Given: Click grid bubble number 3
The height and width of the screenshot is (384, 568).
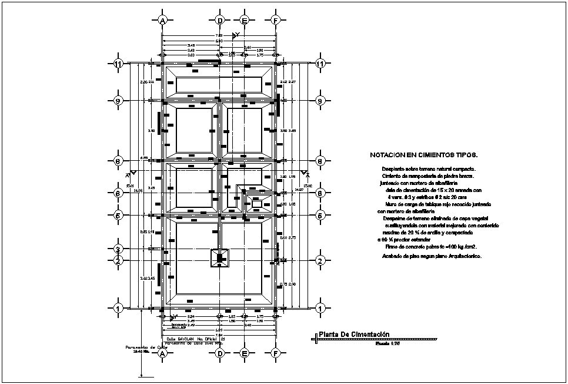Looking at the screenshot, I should [x=118, y=249].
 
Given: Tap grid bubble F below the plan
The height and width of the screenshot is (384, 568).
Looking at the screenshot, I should [x=275, y=353].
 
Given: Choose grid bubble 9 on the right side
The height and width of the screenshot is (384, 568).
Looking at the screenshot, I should [x=320, y=100].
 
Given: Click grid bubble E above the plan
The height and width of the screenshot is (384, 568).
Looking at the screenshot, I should [x=245, y=20].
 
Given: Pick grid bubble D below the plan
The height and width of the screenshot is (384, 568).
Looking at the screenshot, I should [x=220, y=353].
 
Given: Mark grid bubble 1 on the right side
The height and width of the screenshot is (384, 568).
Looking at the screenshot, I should [x=320, y=308].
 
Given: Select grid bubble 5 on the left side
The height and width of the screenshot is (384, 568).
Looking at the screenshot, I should [x=118, y=215].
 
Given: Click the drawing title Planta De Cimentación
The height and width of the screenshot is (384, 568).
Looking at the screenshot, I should [x=354, y=335].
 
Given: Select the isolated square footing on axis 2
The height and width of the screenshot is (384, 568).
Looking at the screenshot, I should [x=220, y=258].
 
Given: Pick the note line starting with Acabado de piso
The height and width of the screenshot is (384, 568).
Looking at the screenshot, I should [x=430, y=257].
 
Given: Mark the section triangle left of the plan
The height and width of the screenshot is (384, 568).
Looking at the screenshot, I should [x=132, y=173].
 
